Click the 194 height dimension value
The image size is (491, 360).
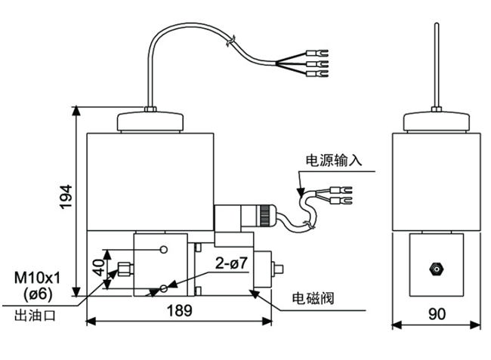pos(66,197)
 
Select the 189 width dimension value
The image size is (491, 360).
pos(179,311)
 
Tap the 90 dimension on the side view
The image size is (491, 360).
pos(437,314)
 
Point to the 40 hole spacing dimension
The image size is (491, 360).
pos(99,267)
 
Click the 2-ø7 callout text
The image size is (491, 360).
pos(231,263)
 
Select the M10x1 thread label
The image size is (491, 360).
pos(37,278)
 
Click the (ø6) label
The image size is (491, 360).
pos(38,294)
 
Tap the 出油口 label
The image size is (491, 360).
pos(35,315)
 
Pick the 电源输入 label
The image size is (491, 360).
pos(333,160)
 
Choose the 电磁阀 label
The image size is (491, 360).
pos(313,298)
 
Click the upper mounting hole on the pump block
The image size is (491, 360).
pos(163,250)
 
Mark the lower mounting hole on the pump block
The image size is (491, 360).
pos(163,288)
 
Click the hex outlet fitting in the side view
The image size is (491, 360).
pos(436,269)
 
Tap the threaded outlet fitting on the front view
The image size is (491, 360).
pos(125,269)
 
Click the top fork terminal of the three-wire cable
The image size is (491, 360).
pos(317,53)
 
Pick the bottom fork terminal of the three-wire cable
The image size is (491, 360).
pos(317,74)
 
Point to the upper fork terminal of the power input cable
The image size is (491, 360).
pos(341,190)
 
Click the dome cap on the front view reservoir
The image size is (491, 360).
pos(150,122)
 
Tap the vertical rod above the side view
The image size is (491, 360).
pos(437,65)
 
